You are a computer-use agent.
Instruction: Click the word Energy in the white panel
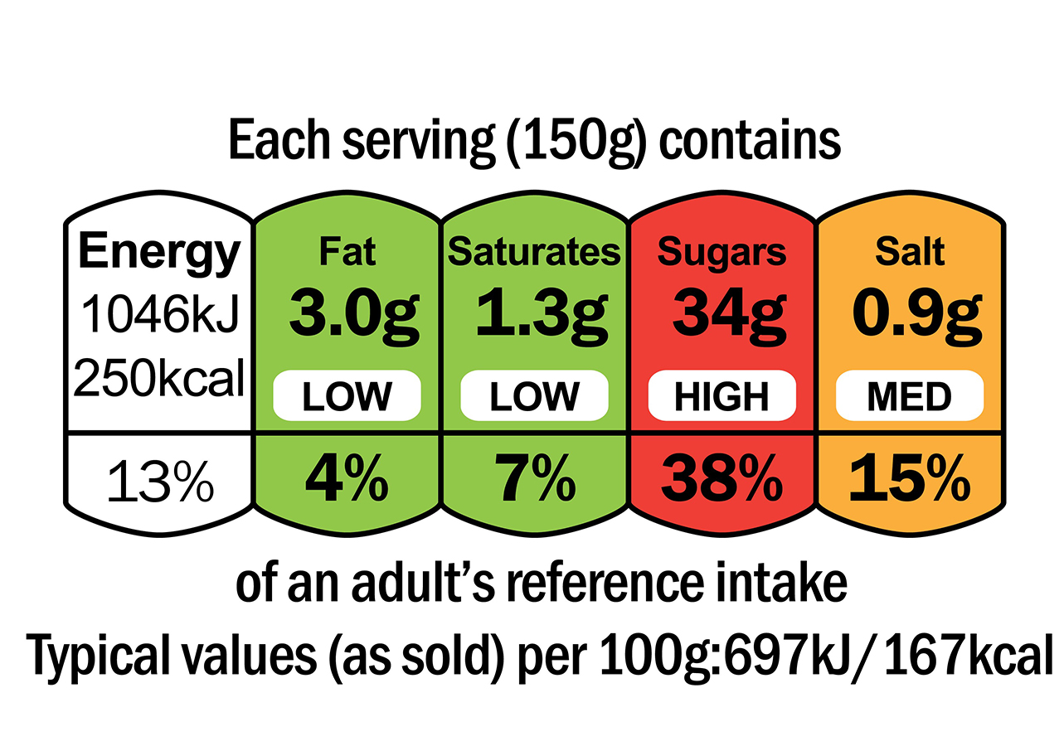pos(159,252)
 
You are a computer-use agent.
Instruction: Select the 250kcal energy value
pos(159,380)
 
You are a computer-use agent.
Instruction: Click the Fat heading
pos(347,252)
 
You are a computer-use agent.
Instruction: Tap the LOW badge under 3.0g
pos(347,397)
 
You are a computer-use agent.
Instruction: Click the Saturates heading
pos(534,252)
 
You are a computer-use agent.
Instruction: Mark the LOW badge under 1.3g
pos(534,397)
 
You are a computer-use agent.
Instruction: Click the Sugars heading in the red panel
pos(721,252)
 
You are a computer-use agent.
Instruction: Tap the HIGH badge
pos(721,397)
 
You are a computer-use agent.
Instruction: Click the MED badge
pos(910,397)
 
